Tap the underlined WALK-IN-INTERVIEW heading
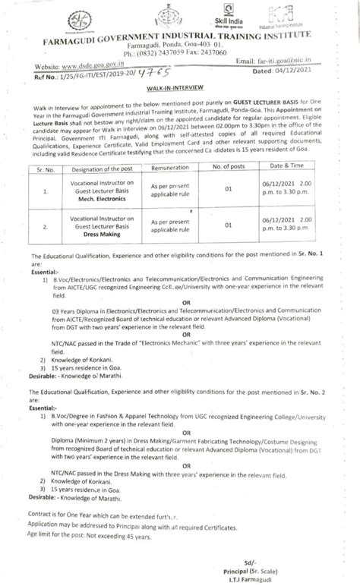point(179,88)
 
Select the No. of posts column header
point(226,165)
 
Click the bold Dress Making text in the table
point(103,235)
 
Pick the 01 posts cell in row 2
point(226,225)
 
